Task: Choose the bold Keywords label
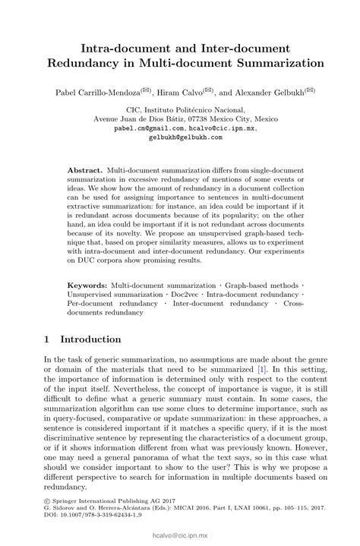(88, 283)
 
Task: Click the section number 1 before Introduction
(47, 339)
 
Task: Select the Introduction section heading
(101, 339)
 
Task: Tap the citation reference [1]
(262, 367)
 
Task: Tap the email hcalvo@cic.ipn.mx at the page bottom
(179, 537)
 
